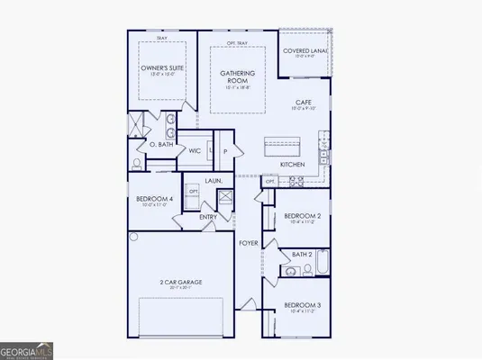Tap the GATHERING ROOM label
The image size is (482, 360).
coord(238,77)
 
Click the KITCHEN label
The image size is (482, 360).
coord(292,165)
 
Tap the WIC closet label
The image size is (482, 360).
coord(193,151)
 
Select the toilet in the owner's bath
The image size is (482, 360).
coord(136,164)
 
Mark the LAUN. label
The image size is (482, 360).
coord(213,181)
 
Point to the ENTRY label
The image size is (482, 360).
coord(207,217)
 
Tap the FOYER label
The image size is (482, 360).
coord(249,244)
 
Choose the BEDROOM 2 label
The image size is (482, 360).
coord(301,216)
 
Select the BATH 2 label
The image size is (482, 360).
coord(302,255)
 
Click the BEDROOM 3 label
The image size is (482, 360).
coord(301,305)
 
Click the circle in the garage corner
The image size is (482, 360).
coord(133,238)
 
